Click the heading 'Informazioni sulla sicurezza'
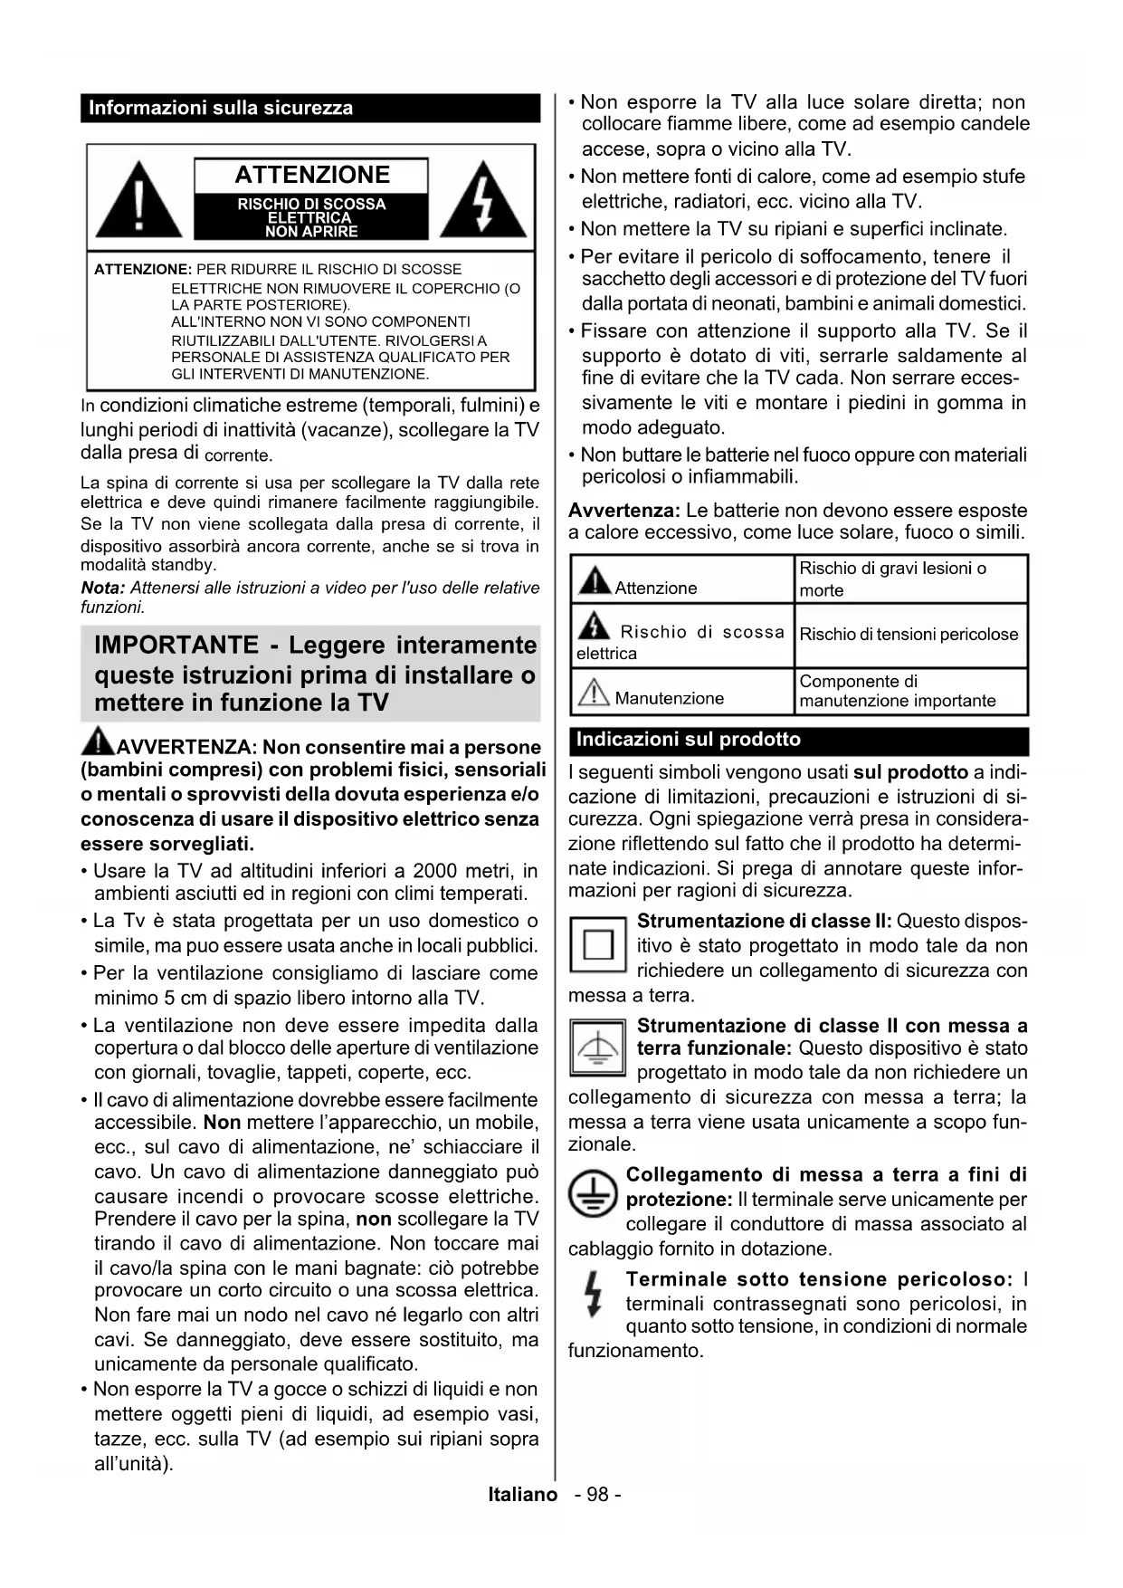(x=221, y=108)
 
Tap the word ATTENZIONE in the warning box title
(x=312, y=175)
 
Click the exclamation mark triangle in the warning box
(x=138, y=202)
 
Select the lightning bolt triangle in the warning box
(x=484, y=202)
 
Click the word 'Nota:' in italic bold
(x=103, y=588)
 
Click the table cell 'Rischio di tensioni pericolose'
(x=909, y=635)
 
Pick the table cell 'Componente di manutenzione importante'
(x=898, y=691)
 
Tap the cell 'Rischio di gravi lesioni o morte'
(x=893, y=579)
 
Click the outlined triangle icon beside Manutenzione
(x=594, y=694)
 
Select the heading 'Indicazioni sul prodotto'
(x=689, y=740)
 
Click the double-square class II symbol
(x=597, y=945)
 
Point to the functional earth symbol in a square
(x=597, y=1048)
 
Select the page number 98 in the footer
(x=597, y=1495)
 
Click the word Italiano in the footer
(x=523, y=1495)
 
